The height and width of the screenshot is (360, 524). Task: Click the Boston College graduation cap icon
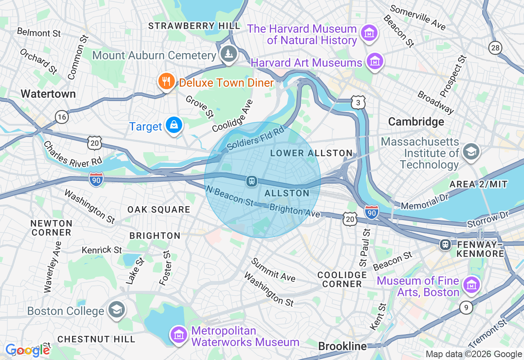[117, 310]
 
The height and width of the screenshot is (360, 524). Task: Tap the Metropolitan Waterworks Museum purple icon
[179, 335]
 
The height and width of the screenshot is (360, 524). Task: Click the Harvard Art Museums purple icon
[374, 61]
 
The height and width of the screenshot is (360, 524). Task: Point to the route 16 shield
[62, 117]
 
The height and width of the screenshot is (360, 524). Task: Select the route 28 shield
[495, 48]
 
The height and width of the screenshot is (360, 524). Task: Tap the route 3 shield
[358, 103]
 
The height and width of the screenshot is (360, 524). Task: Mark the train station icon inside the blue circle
[251, 181]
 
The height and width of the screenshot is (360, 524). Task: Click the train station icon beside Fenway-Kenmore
[445, 245]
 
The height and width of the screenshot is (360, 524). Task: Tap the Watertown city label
[48, 94]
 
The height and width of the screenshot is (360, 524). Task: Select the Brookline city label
[342, 346]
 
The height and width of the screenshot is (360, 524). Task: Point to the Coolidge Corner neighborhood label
[342, 279]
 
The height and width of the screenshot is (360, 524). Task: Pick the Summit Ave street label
[273, 270]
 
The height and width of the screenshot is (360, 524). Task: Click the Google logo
[27, 350]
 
